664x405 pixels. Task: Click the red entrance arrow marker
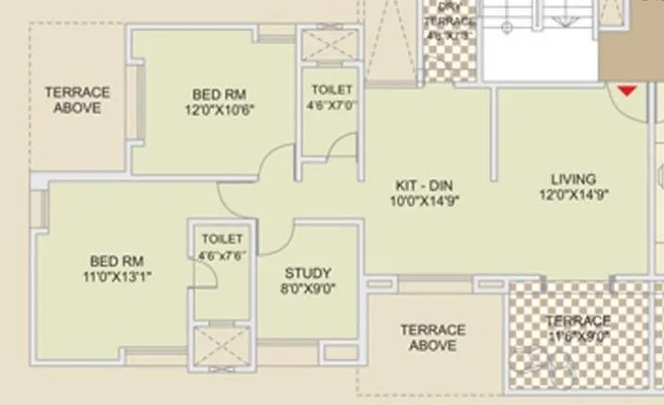(x=626, y=91)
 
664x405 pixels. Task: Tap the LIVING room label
(x=574, y=179)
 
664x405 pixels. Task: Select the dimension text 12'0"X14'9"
(x=574, y=195)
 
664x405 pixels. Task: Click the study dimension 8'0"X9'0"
(x=309, y=288)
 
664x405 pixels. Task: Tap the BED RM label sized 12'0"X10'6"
(x=219, y=94)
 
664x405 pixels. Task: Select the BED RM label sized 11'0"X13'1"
(x=117, y=261)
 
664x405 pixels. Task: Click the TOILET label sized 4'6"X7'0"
(x=332, y=89)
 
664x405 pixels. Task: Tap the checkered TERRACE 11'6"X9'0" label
(x=577, y=321)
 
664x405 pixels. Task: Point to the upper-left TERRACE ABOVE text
(x=77, y=100)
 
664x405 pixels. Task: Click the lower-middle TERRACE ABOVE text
(x=432, y=337)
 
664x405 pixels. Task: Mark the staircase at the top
(x=539, y=38)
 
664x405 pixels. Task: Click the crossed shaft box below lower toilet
(x=220, y=346)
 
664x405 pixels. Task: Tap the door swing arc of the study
(x=273, y=237)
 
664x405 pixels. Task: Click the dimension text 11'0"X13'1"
(x=117, y=276)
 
